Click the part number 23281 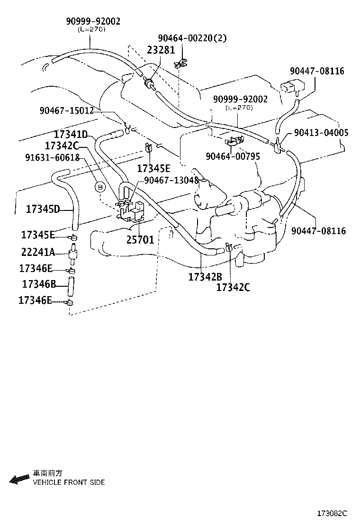pyautogui.click(x=161, y=50)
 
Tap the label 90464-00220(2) pyautogui.click(x=192, y=38)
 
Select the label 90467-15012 pyautogui.click(x=66, y=110)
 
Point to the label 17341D pyautogui.click(x=71, y=135)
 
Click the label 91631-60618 pyautogui.click(x=53, y=157)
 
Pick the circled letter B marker pyautogui.click(x=100, y=187)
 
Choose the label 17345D pyautogui.click(x=43, y=209)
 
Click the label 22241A pyautogui.click(x=38, y=252)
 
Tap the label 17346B pyautogui.click(x=39, y=284)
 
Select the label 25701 pyautogui.click(x=140, y=240)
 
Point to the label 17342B pyautogui.click(x=205, y=277)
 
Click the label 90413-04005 pyautogui.click(x=321, y=133)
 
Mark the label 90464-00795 pyautogui.click(x=233, y=156)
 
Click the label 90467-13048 pyautogui.click(x=171, y=181)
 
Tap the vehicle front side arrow pyautogui.click(x=19, y=479)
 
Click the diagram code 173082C pyautogui.click(x=332, y=514)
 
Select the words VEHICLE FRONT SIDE pyautogui.click(x=69, y=482)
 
